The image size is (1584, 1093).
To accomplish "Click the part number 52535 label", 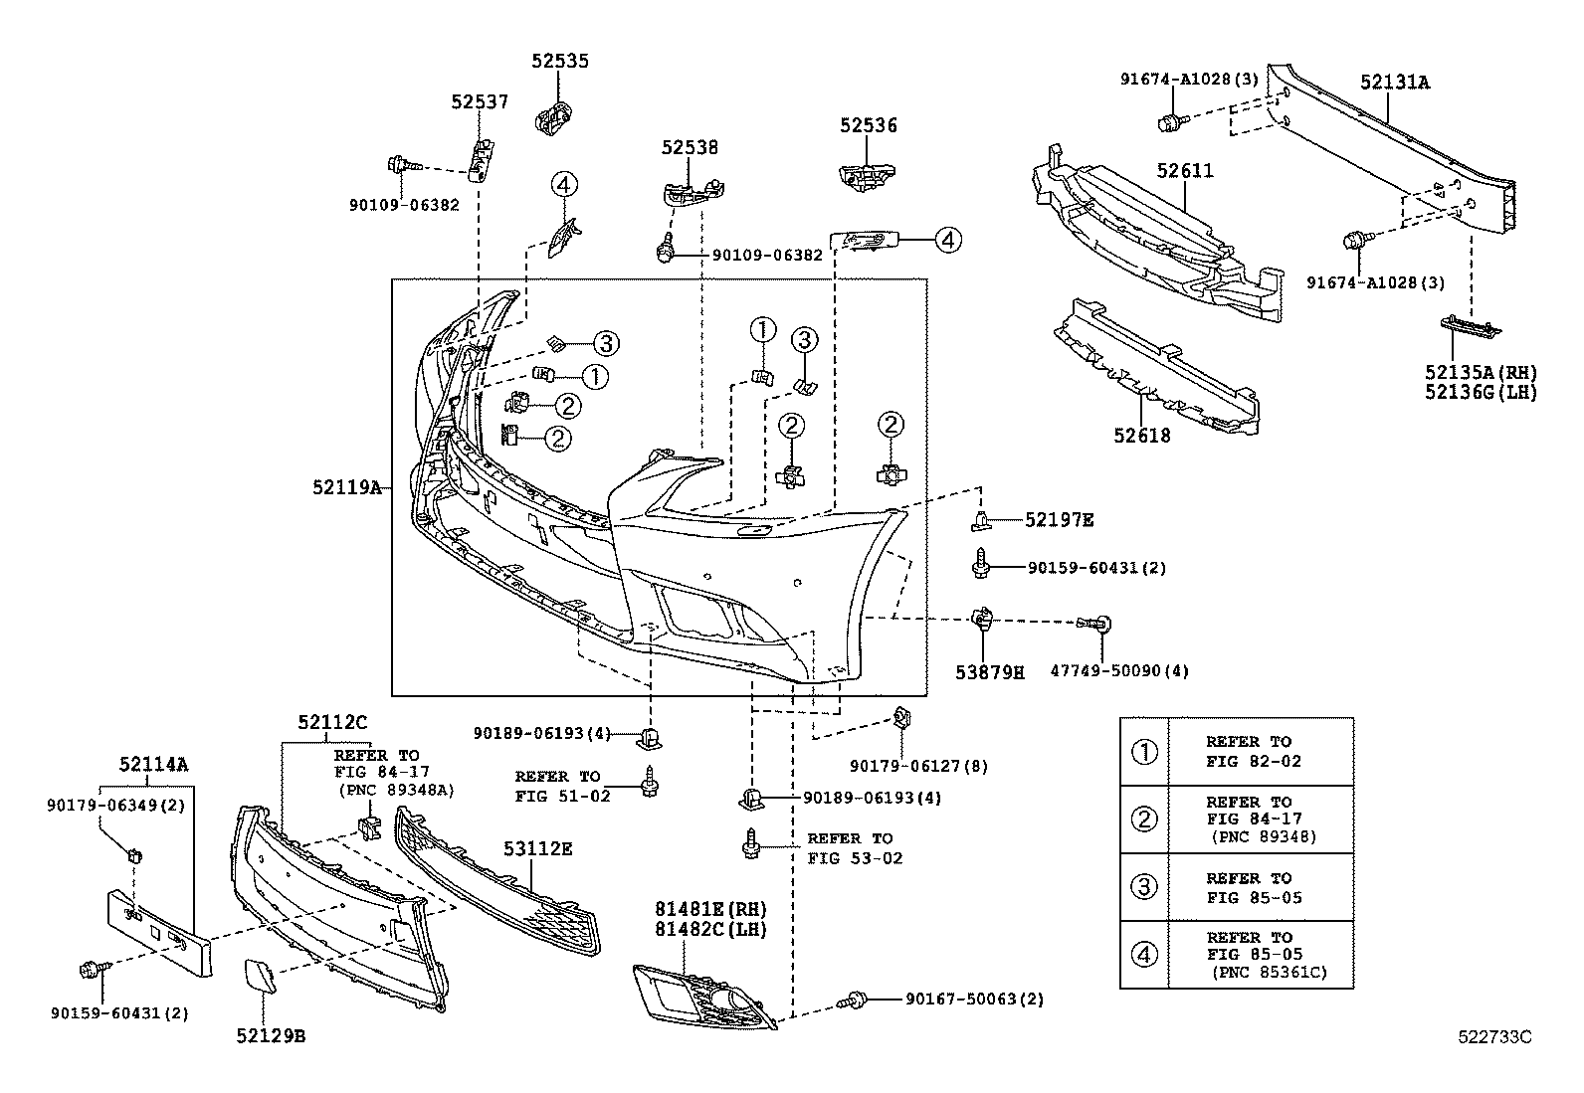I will (x=559, y=61).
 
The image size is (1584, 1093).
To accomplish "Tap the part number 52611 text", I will (x=1184, y=171).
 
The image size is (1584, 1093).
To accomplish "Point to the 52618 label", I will (x=1142, y=435).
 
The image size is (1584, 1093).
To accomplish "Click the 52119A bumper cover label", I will (x=346, y=486).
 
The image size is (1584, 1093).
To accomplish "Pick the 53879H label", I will (x=990, y=672).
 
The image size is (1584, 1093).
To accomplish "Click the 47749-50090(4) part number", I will (x=1119, y=671).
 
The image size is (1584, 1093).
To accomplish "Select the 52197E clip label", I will (x=1059, y=519).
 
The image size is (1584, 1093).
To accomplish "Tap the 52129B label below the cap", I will (x=270, y=1035).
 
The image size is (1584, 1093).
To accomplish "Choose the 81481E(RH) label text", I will (x=710, y=909).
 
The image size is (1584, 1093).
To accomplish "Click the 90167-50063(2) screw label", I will (x=974, y=999).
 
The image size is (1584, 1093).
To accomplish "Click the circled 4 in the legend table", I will (x=1145, y=955).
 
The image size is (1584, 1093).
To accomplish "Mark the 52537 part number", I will (x=479, y=101).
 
